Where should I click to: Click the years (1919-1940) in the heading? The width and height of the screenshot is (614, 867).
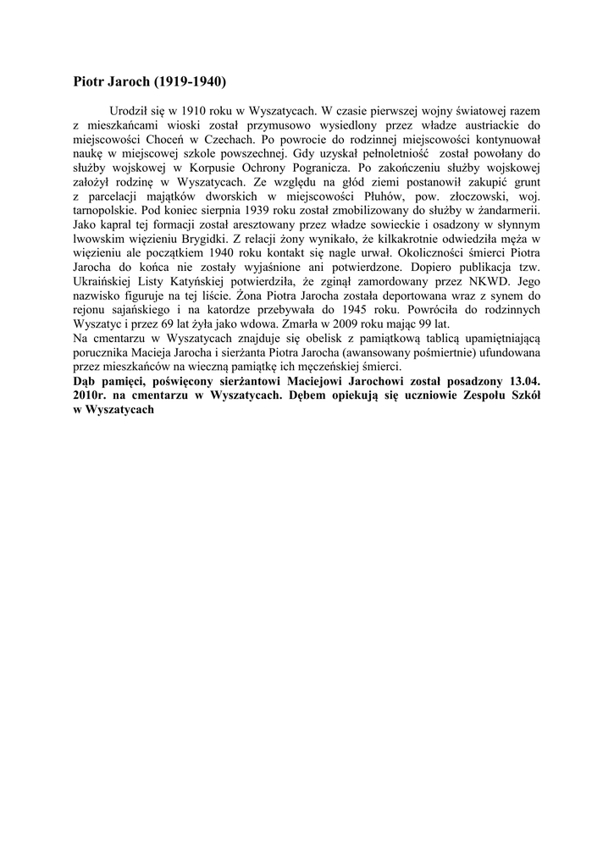click(x=191, y=83)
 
